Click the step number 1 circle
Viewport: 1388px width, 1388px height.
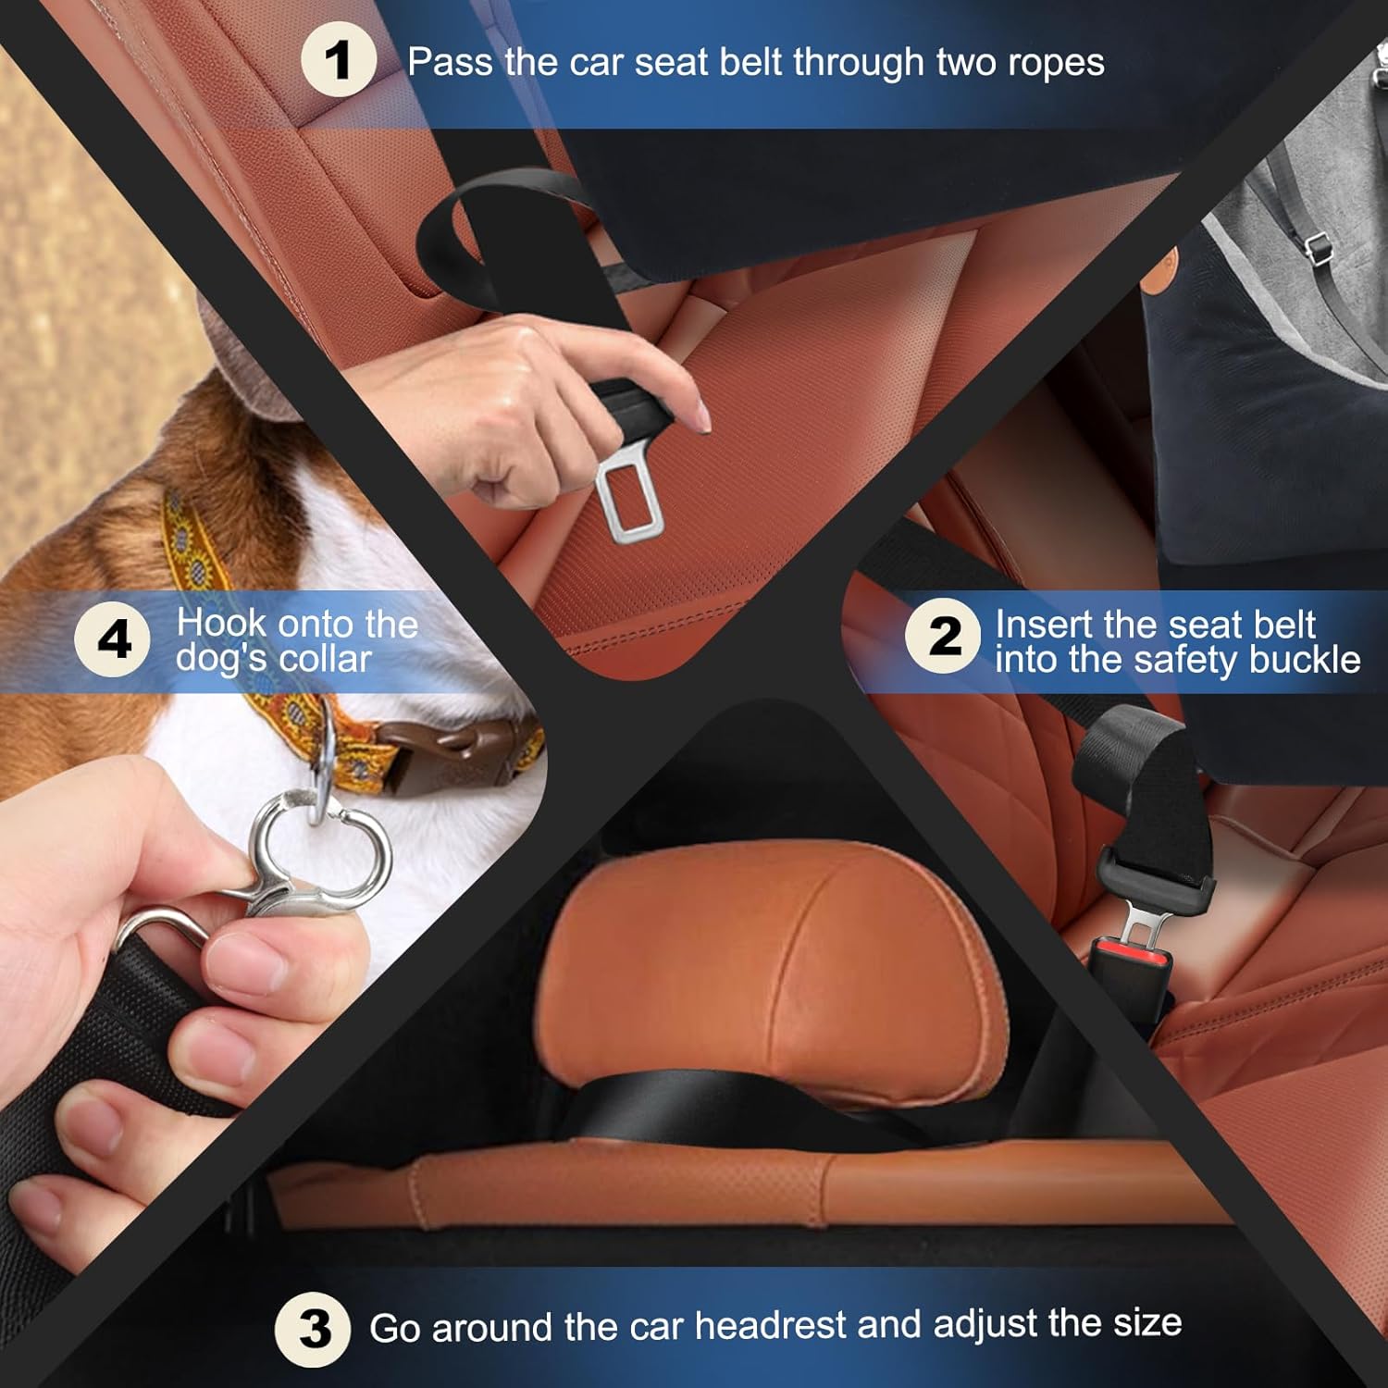(x=339, y=60)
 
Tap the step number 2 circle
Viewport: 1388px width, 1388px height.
(x=943, y=637)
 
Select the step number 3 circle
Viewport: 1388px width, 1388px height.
(x=313, y=1330)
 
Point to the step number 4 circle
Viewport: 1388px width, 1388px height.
(x=113, y=639)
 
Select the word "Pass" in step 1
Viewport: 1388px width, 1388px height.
(x=451, y=63)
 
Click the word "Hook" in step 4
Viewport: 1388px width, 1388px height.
(x=218, y=624)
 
